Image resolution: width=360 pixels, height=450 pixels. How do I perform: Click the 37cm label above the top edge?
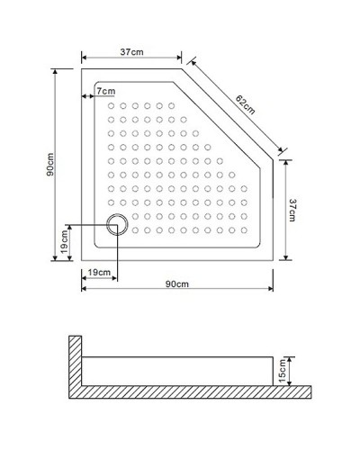point(131,52)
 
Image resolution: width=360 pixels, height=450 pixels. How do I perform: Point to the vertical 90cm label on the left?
point(51,167)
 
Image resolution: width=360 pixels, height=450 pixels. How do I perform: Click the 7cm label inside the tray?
point(106,92)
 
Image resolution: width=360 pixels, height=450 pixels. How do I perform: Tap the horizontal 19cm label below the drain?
point(99,273)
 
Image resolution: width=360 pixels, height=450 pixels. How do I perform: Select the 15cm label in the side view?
point(283,368)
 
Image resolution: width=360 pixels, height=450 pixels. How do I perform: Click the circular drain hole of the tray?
point(116,225)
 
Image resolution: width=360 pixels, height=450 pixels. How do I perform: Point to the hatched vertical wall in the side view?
point(76,364)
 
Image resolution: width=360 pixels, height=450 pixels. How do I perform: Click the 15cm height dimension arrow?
point(291,367)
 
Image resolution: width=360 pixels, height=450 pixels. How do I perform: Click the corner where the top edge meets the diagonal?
point(183,67)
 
